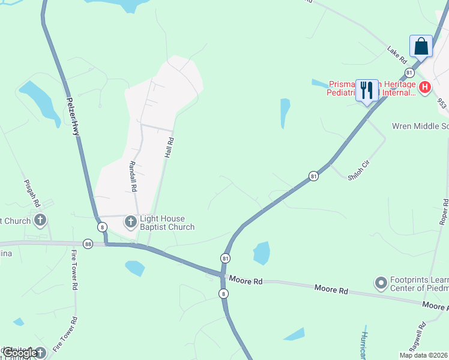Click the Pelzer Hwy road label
tap(73, 116)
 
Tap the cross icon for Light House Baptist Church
tap(130, 223)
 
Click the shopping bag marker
tap(421, 46)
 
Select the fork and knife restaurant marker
tap(366, 91)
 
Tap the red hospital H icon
tap(425, 88)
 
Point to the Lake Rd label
tap(397, 55)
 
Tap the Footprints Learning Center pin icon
tap(380, 282)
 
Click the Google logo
tap(19, 353)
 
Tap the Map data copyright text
tap(424, 355)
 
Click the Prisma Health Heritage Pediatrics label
tap(370, 88)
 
